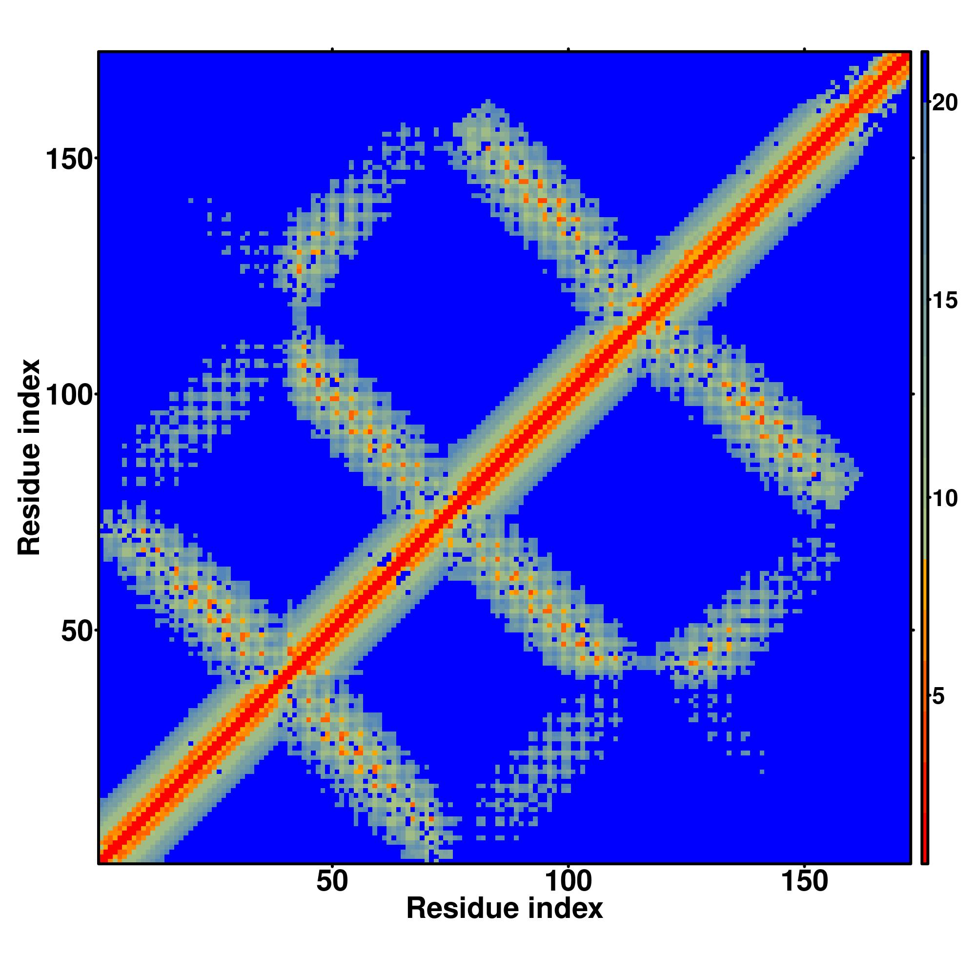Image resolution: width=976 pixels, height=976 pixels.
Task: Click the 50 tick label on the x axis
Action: point(332,882)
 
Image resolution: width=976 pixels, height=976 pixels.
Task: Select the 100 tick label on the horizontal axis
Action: point(569,882)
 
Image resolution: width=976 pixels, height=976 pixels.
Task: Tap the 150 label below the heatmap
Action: point(804,882)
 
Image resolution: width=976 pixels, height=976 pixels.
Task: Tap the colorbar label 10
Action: point(945,499)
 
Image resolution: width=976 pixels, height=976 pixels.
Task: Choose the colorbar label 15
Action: point(945,301)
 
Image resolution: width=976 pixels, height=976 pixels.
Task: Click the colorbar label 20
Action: point(945,103)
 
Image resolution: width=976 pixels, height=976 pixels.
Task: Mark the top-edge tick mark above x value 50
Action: point(332,49)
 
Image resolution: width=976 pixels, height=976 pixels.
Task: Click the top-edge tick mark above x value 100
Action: point(569,49)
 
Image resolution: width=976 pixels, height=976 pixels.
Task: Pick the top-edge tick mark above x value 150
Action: point(804,49)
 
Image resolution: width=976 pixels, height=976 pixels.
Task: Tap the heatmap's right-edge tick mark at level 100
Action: point(913,394)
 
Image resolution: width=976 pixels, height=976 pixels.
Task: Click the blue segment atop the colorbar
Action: point(924,76)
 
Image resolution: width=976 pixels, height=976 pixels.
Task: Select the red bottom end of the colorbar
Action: point(924,854)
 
